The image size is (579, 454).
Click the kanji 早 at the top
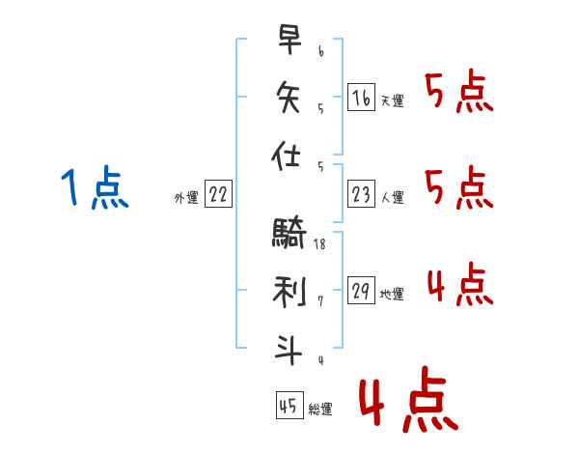pos(289,40)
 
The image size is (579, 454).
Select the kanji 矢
pos(289,98)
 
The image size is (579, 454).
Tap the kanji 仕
pos(286,156)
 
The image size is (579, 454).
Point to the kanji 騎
pos(289,232)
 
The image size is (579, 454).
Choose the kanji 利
pos(289,292)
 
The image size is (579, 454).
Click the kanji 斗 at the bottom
pos(289,350)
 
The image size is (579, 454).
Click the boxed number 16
pos(361,98)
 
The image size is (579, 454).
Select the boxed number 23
pos(361,194)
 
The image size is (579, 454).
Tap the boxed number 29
pos(361,290)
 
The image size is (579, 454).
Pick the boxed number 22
pos(218,194)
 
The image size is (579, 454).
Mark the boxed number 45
pos(289,405)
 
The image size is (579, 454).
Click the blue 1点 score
pos(95,187)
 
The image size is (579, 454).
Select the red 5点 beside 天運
pos(459,91)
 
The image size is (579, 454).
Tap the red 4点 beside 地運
pos(460,284)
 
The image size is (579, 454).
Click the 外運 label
pos(186,198)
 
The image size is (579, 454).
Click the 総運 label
pos(320,410)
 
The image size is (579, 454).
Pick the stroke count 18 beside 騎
pos(319,244)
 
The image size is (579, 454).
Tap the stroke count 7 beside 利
pos(320,301)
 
